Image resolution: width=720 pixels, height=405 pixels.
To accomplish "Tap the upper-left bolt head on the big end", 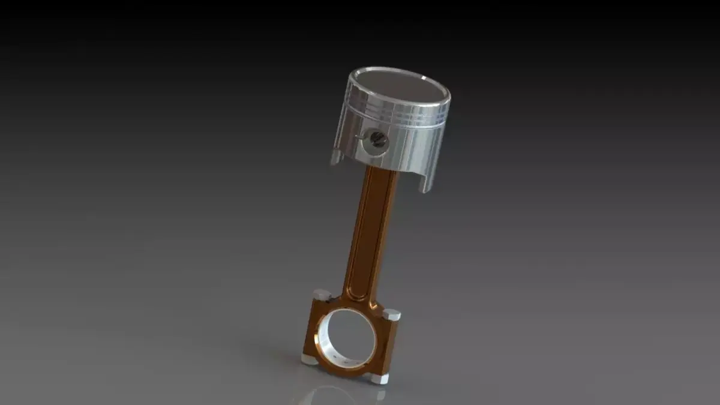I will pyautogui.click(x=322, y=295).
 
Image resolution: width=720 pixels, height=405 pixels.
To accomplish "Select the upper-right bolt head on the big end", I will pyautogui.click(x=391, y=314).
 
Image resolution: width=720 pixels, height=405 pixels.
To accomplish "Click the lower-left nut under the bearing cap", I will pyautogui.click(x=308, y=359).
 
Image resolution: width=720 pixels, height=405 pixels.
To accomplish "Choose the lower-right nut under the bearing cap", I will pyautogui.click(x=378, y=378).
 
